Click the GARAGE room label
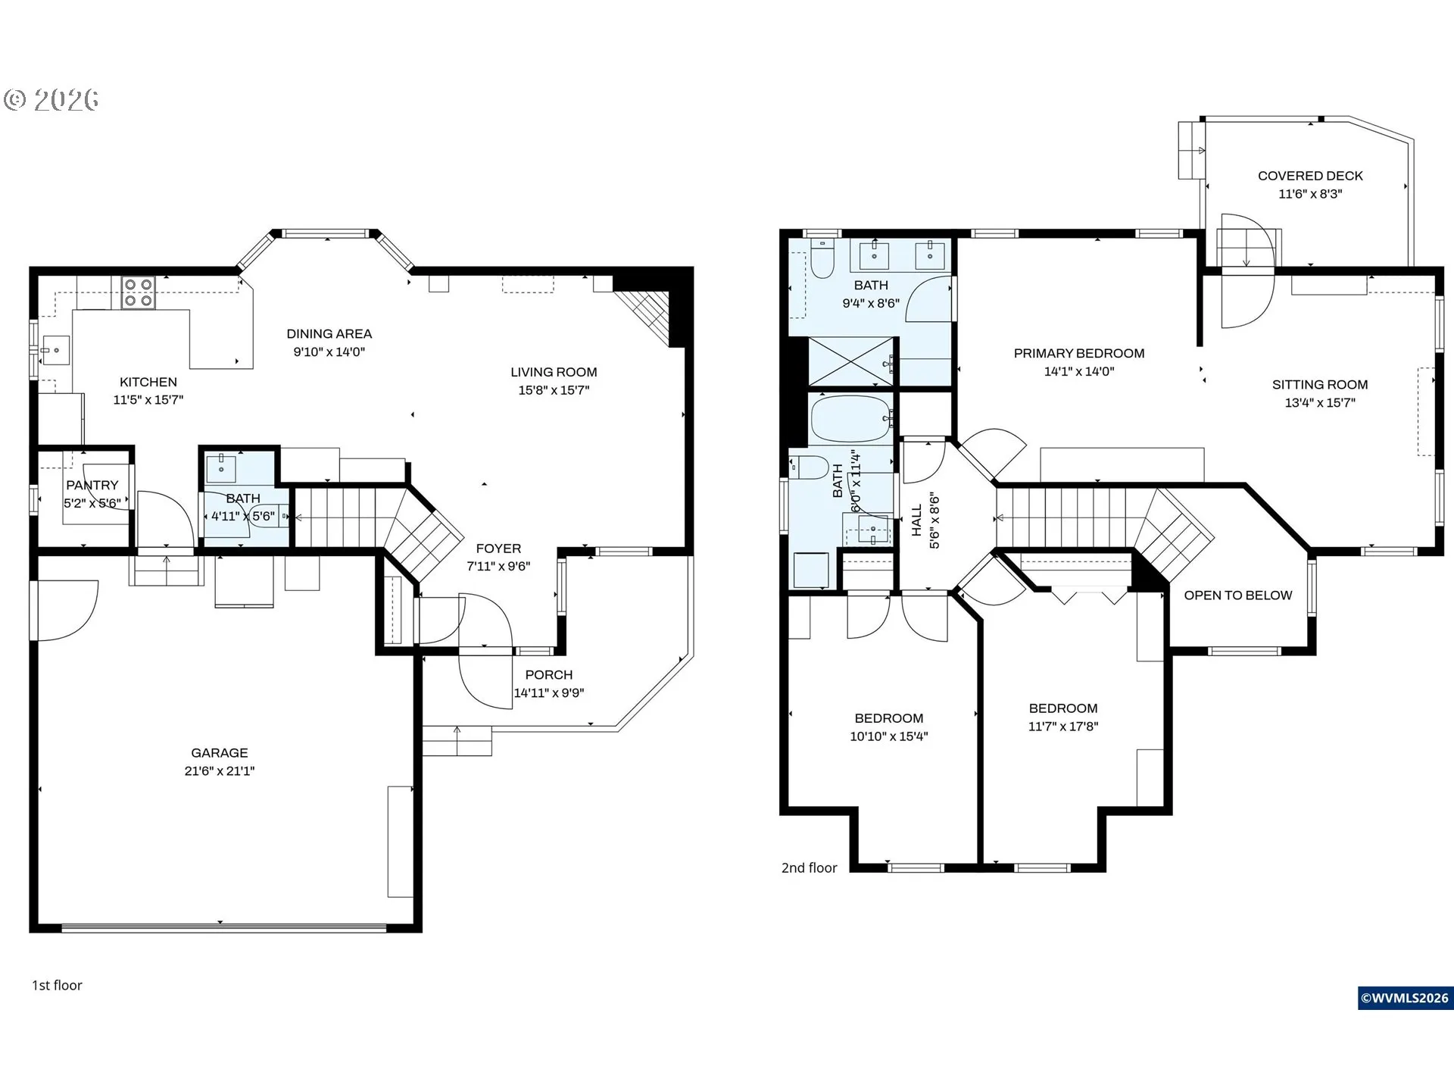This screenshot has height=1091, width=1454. (220, 752)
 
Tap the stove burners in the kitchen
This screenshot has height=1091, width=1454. (139, 293)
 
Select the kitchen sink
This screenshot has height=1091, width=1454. (55, 351)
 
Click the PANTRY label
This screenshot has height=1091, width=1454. (92, 485)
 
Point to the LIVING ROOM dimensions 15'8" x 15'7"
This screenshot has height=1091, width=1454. (554, 390)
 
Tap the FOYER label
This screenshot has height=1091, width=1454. (498, 548)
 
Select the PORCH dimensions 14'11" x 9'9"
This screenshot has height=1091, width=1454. (549, 692)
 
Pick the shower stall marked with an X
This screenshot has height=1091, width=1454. (851, 361)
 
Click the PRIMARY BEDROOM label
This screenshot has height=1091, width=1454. (1079, 353)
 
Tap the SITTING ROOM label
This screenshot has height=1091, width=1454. (1320, 384)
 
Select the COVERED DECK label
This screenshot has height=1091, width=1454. (1310, 176)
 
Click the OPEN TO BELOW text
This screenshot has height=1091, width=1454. (1238, 596)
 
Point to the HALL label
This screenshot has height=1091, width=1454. (917, 520)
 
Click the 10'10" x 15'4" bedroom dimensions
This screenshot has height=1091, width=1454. (889, 736)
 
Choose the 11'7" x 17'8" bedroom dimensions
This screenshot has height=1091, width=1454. (1063, 726)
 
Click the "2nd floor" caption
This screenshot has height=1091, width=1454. (810, 867)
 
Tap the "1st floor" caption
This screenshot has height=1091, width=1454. (57, 985)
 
